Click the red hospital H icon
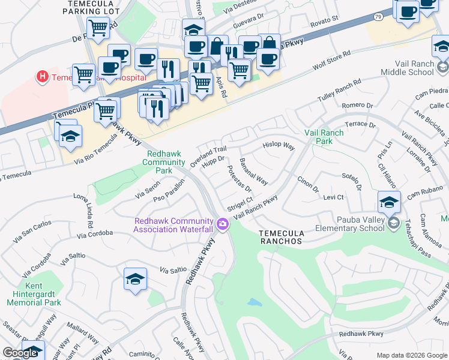42,77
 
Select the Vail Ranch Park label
324,137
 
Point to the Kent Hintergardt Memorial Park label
34,295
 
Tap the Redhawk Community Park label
165,162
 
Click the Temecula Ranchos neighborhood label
280,236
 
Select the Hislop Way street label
279,146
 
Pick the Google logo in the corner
20,353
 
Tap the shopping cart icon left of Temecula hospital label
83,75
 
